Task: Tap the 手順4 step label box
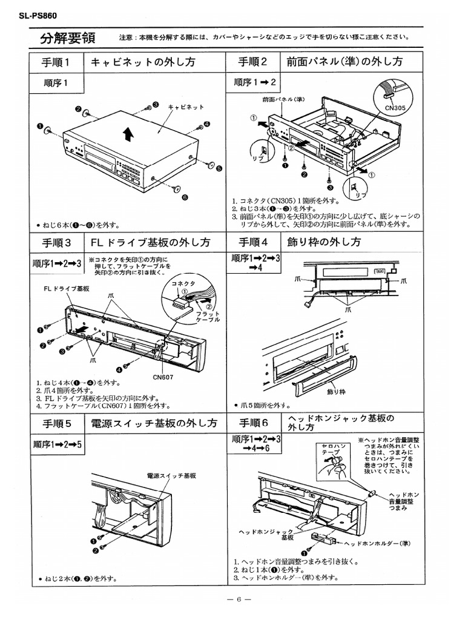point(253,242)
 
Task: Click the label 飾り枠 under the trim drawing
point(335,392)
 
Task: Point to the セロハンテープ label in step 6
point(334,449)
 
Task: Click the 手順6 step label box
point(253,423)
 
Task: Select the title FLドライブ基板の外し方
point(150,242)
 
